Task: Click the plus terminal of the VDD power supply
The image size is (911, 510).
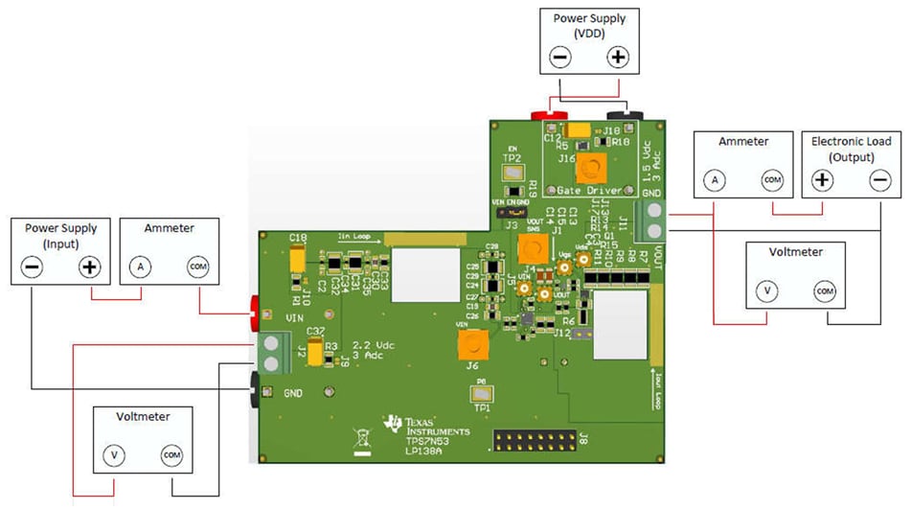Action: (x=619, y=58)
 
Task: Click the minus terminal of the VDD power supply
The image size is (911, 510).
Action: (x=559, y=58)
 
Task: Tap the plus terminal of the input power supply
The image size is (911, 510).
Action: (x=89, y=267)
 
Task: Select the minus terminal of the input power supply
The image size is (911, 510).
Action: (x=32, y=267)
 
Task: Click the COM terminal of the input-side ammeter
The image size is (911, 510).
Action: (x=197, y=267)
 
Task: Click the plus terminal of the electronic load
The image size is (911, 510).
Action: (x=821, y=180)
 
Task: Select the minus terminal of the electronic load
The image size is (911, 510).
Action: (x=879, y=180)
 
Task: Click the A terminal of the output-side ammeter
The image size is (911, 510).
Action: (x=713, y=180)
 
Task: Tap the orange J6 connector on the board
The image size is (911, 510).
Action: (x=472, y=340)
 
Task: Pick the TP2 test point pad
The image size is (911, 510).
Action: (x=512, y=173)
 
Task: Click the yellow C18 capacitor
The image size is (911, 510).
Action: (x=297, y=257)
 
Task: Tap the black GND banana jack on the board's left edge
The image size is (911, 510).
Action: (x=256, y=387)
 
